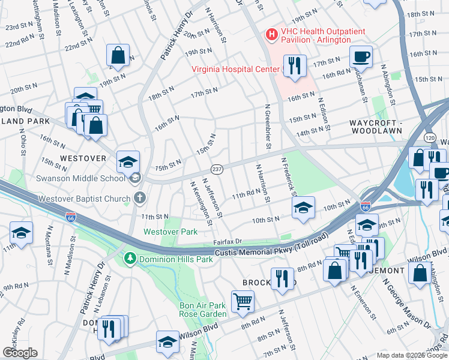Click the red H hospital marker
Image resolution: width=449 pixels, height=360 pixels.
pyautogui.click(x=271, y=35)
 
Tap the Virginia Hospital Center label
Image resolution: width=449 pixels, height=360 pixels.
pyautogui.click(x=235, y=69)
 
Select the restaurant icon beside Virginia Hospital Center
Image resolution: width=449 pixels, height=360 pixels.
pyautogui.click(x=294, y=66)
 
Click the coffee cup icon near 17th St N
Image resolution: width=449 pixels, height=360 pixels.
pyautogui.click(x=361, y=57)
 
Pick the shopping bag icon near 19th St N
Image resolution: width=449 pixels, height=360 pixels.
pyautogui.click(x=118, y=55)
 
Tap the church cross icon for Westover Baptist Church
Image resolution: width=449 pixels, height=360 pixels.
pyautogui.click(x=139, y=197)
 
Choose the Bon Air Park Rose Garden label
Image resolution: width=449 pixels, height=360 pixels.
pyautogui.click(x=202, y=310)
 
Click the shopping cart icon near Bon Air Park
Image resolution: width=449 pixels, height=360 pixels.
pyautogui.click(x=243, y=301)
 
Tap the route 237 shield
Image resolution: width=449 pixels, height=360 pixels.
pyautogui.click(x=217, y=170)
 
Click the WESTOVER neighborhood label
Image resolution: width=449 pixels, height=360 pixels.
pyautogui.click(x=83, y=158)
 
